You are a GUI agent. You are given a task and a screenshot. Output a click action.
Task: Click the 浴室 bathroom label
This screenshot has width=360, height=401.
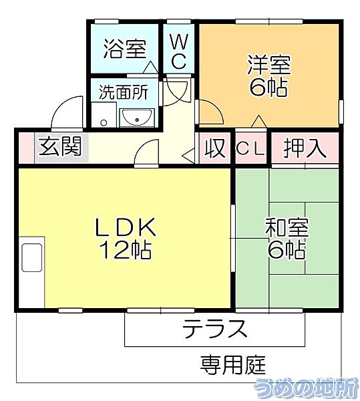coord(124,48)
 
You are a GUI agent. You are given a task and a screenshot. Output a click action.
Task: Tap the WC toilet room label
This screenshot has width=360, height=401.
coord(178,51)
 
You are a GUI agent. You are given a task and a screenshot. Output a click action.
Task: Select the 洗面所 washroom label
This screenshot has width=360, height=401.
coord(124,92)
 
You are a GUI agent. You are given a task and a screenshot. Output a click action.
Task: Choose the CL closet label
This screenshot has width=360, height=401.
coord(250,148)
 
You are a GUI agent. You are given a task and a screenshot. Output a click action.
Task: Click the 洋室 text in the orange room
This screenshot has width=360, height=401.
coord(268,65)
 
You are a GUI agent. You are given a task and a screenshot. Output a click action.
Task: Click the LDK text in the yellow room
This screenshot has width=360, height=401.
coord(125,228)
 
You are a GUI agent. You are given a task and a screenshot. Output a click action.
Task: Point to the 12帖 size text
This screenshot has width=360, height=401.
coord(125,250)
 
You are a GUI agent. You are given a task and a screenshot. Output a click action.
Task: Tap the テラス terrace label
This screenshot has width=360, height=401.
coord(216,329)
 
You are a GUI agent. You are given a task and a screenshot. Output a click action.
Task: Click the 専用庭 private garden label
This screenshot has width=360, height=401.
coord(233,365)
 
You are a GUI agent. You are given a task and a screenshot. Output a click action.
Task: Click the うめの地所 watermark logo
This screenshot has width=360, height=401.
coord(307,386)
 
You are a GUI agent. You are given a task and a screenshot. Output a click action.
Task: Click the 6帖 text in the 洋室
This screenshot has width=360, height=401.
coord(268,88)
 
